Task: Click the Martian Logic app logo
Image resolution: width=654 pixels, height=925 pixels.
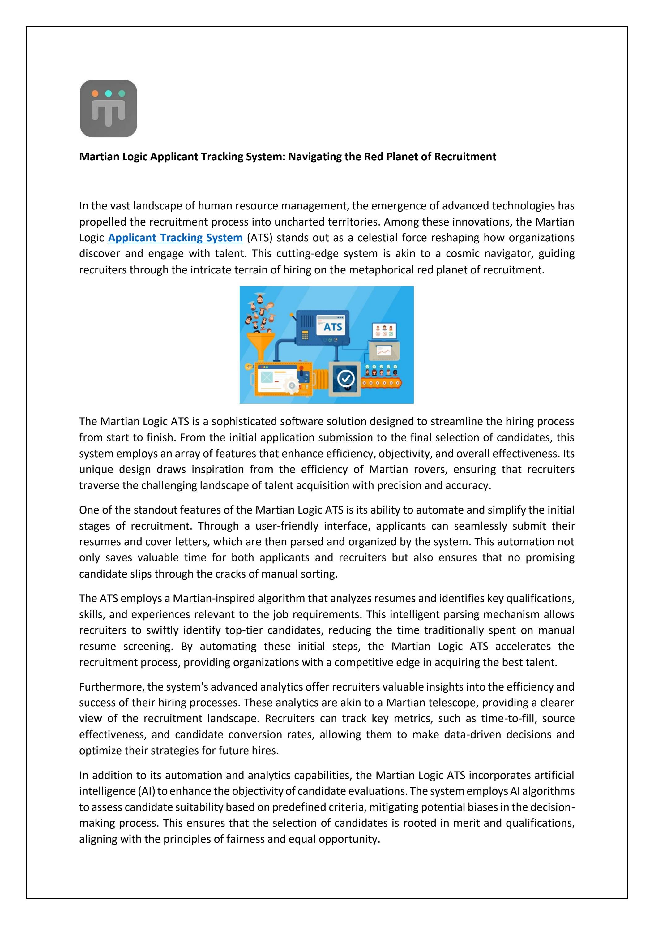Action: [108, 108]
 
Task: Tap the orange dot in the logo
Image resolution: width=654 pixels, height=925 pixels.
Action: [95, 93]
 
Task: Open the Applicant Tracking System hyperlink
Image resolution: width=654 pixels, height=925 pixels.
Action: [175, 238]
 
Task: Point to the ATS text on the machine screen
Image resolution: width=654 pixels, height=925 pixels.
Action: [333, 327]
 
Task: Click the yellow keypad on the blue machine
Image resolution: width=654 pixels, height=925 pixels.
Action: [305, 335]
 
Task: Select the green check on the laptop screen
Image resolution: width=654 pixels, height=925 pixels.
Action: [391, 334]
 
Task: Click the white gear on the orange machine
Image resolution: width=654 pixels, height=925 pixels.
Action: [292, 385]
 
